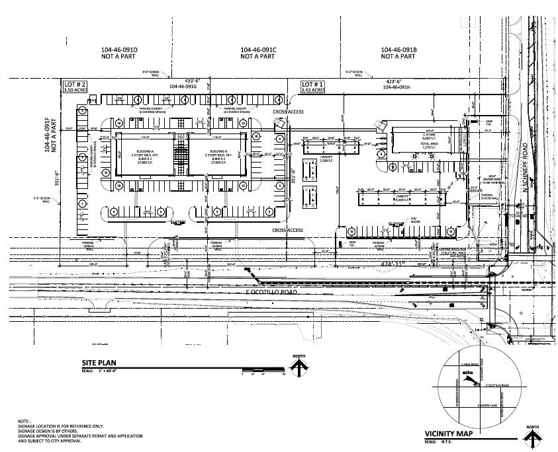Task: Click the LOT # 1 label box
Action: (x=313, y=88)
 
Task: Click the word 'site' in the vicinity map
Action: (x=469, y=373)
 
